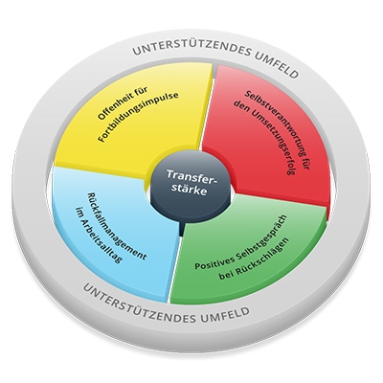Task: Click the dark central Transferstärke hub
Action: point(191,189)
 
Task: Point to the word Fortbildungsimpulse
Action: point(138,117)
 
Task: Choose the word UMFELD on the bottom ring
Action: point(224,315)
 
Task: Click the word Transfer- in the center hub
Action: point(191,176)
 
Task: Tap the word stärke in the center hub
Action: point(191,191)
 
